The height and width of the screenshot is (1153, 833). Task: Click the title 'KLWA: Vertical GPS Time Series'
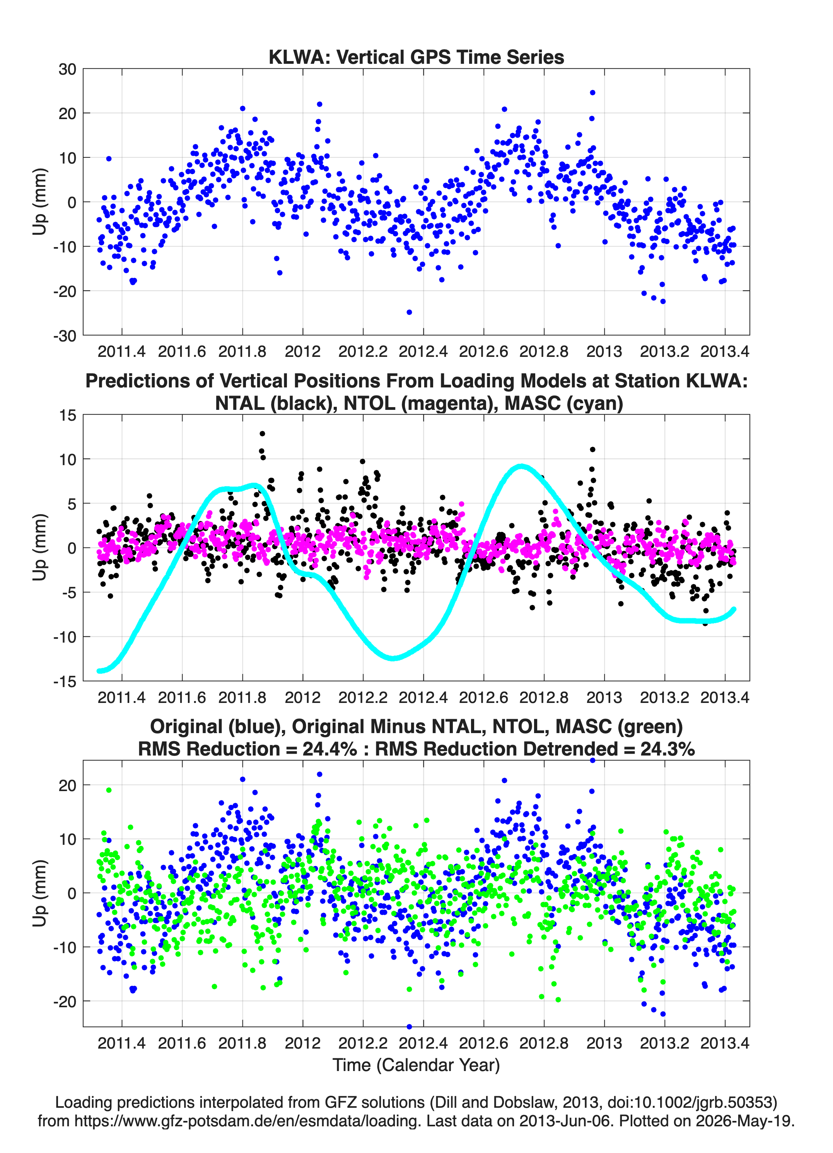[x=416, y=57]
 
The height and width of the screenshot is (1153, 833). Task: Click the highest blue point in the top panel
[x=592, y=92]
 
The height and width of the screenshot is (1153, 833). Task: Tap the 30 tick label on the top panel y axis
[x=67, y=69]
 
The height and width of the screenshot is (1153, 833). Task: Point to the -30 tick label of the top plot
[x=65, y=336]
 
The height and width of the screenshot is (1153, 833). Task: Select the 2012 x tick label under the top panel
[x=302, y=351]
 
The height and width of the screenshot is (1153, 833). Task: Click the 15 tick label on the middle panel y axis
[x=68, y=415]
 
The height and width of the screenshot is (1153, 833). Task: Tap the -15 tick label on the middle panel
[x=65, y=682]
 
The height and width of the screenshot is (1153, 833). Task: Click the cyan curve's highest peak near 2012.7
[x=521, y=466]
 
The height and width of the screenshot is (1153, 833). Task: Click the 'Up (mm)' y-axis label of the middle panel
[x=40, y=548]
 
